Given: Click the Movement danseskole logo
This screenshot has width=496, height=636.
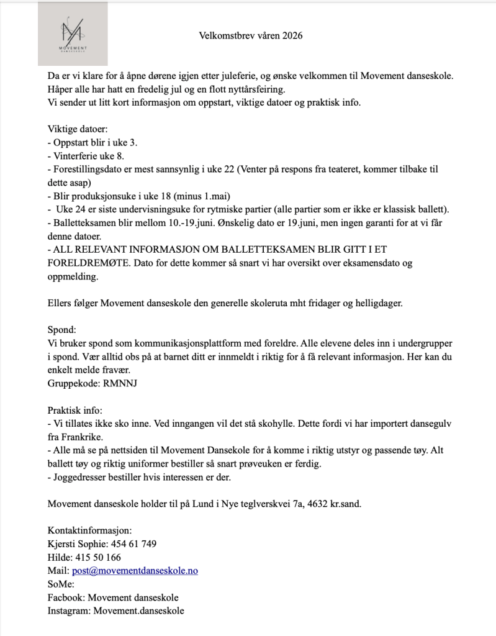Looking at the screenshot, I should (x=73, y=34).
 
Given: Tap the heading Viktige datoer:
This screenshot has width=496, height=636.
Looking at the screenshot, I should (x=78, y=129).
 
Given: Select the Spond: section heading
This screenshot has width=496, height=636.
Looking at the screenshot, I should (x=61, y=330).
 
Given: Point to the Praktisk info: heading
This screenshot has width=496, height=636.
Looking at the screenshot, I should (x=75, y=410).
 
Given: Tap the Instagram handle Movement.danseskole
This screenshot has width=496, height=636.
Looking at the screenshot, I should (x=138, y=611).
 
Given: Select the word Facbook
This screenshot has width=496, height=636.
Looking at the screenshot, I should (x=66, y=597).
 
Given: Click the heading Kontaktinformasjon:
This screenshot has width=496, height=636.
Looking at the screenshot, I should (x=89, y=530).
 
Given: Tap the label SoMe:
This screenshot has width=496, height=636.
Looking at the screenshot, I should (x=61, y=584).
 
